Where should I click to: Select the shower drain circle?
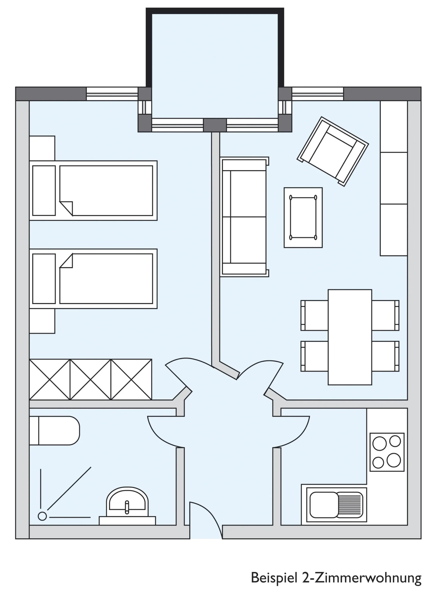[x=42, y=516]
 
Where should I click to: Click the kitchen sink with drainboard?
[x=337, y=505]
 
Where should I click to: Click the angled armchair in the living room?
[x=333, y=152]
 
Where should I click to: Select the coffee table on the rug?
[x=303, y=217]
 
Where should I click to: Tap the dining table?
[x=350, y=337]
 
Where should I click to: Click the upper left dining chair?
[x=314, y=315]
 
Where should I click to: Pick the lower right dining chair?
[x=385, y=356]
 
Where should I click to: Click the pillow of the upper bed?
[x=44, y=191]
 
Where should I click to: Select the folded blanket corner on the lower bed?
[x=66, y=261]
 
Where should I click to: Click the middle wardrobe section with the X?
[x=90, y=379]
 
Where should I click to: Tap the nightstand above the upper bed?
[x=42, y=148]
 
